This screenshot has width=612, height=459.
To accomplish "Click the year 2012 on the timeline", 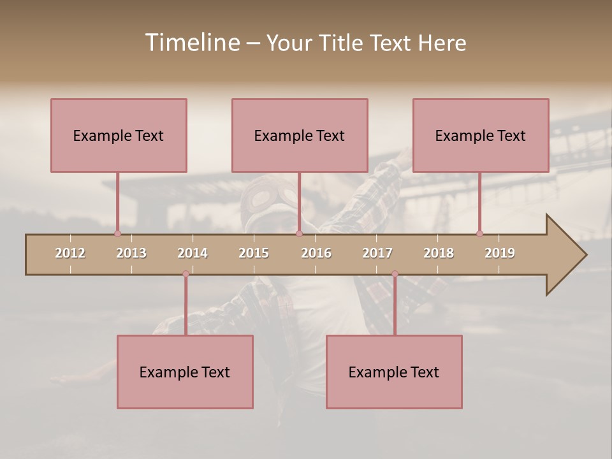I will pyautogui.click(x=70, y=253).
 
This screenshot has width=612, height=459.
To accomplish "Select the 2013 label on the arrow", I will pyautogui.click(x=131, y=253).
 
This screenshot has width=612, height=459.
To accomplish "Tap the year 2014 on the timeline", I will pyautogui.click(x=193, y=253).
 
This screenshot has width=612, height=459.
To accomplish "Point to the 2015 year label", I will pyautogui.click(x=254, y=253).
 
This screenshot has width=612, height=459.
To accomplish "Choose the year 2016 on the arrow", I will pyautogui.click(x=316, y=253).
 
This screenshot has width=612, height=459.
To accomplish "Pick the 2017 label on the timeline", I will pyautogui.click(x=377, y=253).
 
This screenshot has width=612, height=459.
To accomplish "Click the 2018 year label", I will pyautogui.click(x=439, y=253).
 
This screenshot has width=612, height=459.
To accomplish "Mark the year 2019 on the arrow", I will pyautogui.click(x=500, y=253).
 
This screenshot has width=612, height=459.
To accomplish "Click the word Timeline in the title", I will pyautogui.click(x=191, y=43).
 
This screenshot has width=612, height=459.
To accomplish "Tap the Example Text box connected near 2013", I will pyautogui.click(x=119, y=135).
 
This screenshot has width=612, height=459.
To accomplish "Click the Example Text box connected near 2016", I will pyautogui.click(x=300, y=135).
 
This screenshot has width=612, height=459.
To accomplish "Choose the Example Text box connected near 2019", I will pyautogui.click(x=481, y=135).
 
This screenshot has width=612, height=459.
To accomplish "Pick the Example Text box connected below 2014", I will pyautogui.click(x=185, y=372).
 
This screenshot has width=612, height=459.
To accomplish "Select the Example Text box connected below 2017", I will pyautogui.click(x=394, y=372).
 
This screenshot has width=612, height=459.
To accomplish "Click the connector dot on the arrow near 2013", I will pyautogui.click(x=117, y=233).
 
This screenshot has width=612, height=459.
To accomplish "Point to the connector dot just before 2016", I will pyautogui.click(x=299, y=233).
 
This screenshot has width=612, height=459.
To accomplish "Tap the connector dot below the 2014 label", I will pyautogui.click(x=186, y=273).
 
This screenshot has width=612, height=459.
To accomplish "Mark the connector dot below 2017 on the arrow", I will pyautogui.click(x=395, y=273).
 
